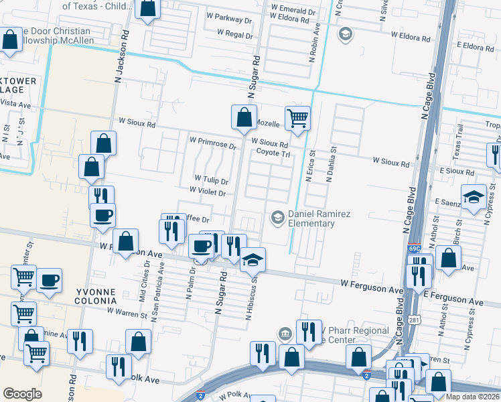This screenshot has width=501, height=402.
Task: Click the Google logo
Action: pyautogui.click(x=22, y=394)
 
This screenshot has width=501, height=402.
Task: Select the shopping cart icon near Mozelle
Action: pyautogui.click(x=297, y=119)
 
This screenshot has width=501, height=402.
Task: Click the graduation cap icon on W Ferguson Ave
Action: pyautogui.click(x=253, y=260)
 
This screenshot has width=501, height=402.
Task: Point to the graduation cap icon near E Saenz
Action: pyautogui.click(x=474, y=198)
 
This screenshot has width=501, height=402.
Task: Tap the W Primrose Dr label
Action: pyautogui.click(x=213, y=143)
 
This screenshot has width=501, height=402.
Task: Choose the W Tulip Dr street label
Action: pyautogui.click(x=212, y=181)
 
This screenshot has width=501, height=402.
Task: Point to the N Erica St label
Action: pyautogui.click(x=310, y=167)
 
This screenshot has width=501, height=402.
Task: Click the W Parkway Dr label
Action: pyautogui.click(x=228, y=20)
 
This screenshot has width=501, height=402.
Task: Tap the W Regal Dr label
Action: pyautogui.click(x=234, y=33)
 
